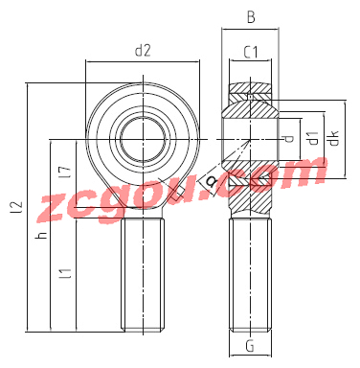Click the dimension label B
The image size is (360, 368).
pos(251,17)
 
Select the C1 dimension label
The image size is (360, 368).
pos(251,52)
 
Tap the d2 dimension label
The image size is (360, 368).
pos(143,51)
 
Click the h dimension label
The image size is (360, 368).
pos(42,235)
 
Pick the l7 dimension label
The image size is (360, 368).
pos(67,172)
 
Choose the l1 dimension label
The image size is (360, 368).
pos(67,274)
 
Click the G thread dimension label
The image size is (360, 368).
pos(250,345)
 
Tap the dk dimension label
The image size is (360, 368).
pos(334,138)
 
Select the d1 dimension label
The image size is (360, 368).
pos(314,138)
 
